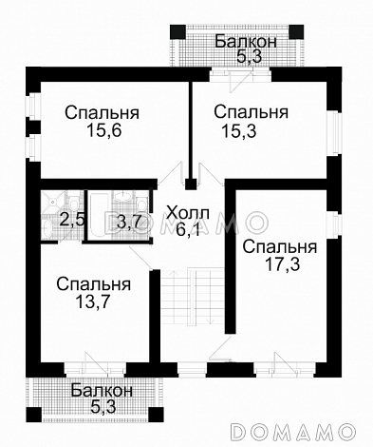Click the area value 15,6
coord(103,131)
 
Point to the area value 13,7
coord(92,303)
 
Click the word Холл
coord(184,210)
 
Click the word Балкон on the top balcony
coord(246,41)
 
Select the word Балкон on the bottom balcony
coord(100,391)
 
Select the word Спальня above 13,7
coord(92,284)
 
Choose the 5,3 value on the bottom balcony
coord(100,407)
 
